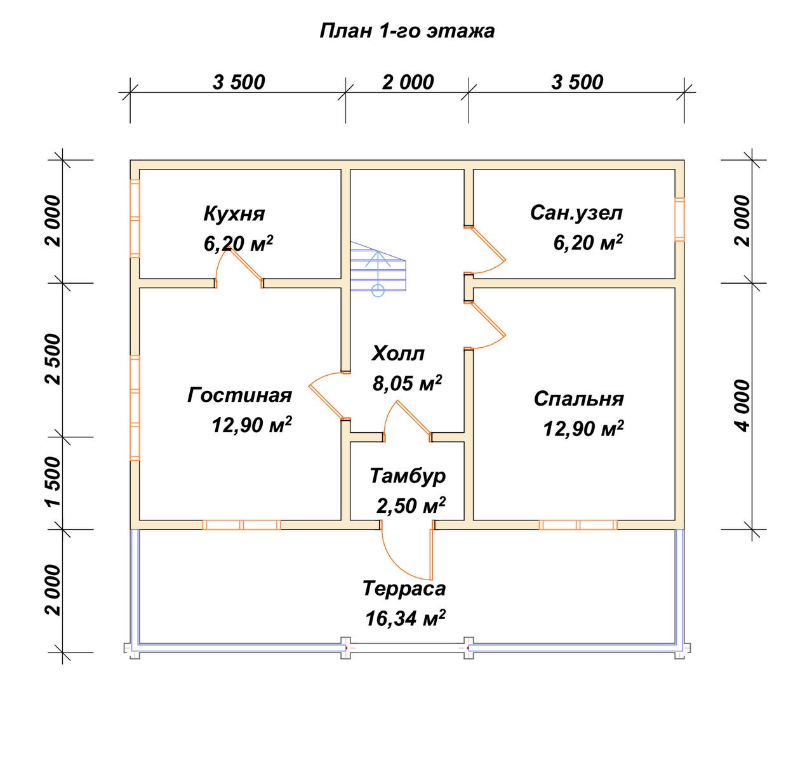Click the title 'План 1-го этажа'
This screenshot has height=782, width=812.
407,31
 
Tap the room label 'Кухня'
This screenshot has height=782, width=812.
234,214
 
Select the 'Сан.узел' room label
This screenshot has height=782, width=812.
576,213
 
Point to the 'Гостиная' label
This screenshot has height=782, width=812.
239,395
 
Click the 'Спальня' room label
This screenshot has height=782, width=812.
579,399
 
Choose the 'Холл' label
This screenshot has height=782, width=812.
398,354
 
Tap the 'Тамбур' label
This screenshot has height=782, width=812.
408,476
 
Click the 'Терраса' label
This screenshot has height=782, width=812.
404,589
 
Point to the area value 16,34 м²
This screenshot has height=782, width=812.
405,618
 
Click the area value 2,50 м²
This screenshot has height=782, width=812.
411,505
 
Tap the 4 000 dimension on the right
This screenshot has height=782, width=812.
743,406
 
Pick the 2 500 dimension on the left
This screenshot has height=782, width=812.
54,359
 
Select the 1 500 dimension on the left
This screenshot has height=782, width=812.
54,482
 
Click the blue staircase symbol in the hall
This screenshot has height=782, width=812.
378,269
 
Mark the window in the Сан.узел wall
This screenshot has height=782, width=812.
680,220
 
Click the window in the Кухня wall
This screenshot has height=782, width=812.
135,218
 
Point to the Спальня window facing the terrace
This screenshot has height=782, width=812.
578,524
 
